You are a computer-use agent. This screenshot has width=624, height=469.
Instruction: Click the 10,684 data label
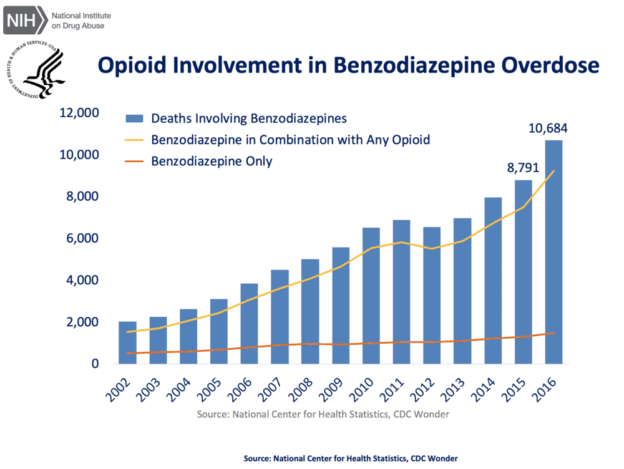pyautogui.click(x=545, y=129)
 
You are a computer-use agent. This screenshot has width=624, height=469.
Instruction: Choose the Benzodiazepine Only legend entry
pyautogui.click(x=212, y=161)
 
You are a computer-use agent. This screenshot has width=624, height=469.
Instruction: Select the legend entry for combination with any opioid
pyautogui.click(x=290, y=140)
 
